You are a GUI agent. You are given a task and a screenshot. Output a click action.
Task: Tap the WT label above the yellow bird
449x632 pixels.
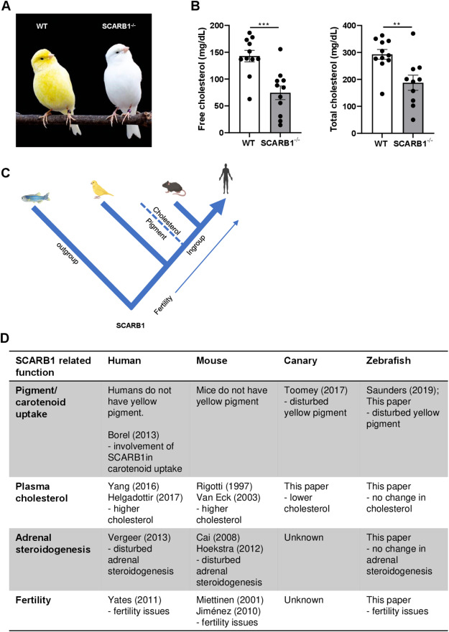42,27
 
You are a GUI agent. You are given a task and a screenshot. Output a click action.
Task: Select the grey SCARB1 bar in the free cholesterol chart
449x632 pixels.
281,113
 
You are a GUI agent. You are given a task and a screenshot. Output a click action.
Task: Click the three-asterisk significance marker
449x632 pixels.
264,24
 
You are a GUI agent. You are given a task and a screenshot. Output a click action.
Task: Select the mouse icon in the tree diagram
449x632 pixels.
174,187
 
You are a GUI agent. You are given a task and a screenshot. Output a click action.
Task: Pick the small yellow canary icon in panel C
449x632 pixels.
101,190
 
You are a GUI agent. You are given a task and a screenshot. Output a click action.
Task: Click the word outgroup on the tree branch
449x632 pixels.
67,253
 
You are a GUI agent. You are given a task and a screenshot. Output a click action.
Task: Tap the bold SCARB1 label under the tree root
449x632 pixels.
131,324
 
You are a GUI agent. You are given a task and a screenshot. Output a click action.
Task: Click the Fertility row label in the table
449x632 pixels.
34,600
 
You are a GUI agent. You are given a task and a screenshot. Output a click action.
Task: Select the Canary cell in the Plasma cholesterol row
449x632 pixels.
307,497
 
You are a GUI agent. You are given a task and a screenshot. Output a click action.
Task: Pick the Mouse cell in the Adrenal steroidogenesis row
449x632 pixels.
229,560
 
